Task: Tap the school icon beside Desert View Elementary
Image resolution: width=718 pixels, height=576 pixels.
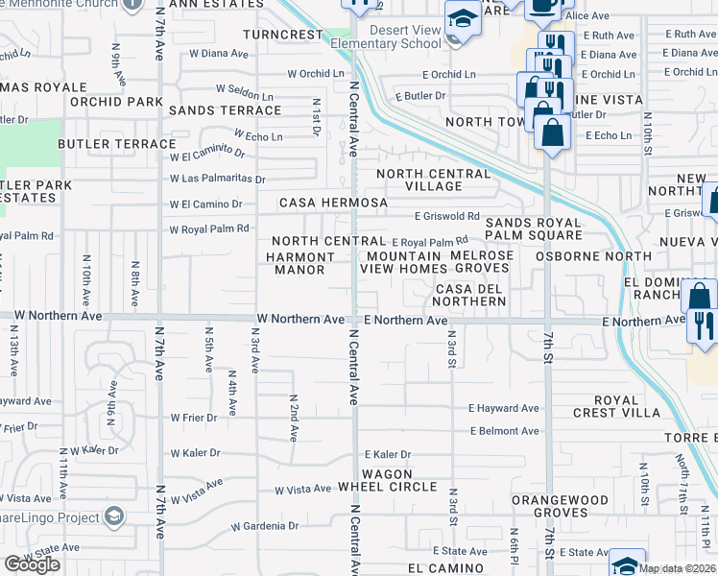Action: pyautogui.click(x=462, y=20)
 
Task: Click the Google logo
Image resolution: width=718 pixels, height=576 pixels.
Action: pyautogui.click(x=32, y=564)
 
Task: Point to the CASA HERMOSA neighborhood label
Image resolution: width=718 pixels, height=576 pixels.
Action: pyautogui.click(x=333, y=204)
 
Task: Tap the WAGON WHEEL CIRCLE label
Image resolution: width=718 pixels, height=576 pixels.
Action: pyautogui.click(x=388, y=480)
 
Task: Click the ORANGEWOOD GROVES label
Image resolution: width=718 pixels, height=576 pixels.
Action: pyautogui.click(x=561, y=506)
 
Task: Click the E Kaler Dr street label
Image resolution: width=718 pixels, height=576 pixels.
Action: pyautogui.click(x=387, y=454)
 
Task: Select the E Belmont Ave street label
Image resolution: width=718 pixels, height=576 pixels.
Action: pyautogui.click(x=504, y=431)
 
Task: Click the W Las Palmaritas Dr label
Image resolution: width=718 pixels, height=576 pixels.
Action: pyautogui.click(x=217, y=179)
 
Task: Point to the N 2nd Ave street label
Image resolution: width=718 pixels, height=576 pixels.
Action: pyautogui.click(x=294, y=417)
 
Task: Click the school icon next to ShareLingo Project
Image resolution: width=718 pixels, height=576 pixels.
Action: pyautogui.click(x=115, y=517)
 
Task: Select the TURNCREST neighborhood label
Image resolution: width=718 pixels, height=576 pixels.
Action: pyautogui.click(x=283, y=34)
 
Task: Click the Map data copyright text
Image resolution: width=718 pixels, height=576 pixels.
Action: pyautogui.click(x=677, y=568)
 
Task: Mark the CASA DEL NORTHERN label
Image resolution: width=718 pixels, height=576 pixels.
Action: pyautogui.click(x=470, y=295)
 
